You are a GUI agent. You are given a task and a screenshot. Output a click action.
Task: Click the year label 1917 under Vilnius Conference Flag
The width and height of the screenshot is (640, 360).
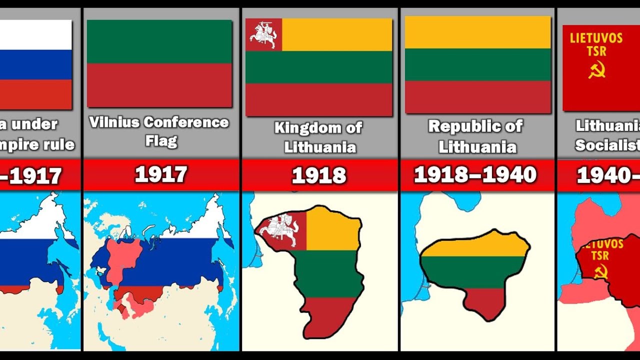160,175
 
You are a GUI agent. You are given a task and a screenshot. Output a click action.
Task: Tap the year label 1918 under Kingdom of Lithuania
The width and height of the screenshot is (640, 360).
319,175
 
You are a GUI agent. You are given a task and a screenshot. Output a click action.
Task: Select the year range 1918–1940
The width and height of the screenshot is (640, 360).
475,175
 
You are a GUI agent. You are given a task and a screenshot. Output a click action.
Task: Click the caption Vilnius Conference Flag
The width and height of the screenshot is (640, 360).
159,131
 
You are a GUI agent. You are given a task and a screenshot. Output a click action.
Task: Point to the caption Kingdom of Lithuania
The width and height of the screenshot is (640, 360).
318,137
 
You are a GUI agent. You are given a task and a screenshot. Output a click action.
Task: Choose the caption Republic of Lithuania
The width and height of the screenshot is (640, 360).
476,136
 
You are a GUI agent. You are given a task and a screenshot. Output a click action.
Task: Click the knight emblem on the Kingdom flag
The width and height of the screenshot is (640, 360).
263,34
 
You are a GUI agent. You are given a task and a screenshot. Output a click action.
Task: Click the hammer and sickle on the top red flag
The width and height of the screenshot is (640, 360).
596,69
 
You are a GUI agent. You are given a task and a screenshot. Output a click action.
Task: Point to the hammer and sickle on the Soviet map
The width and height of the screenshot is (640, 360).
600,272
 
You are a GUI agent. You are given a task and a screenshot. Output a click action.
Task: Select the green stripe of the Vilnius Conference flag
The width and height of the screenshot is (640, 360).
159,41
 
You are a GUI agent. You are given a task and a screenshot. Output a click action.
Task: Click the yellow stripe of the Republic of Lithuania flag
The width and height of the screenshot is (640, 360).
477,32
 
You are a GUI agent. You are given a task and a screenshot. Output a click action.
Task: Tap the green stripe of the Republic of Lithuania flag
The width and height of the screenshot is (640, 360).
477,64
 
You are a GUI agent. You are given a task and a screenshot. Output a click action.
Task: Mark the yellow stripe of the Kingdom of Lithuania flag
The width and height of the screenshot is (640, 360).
336,34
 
